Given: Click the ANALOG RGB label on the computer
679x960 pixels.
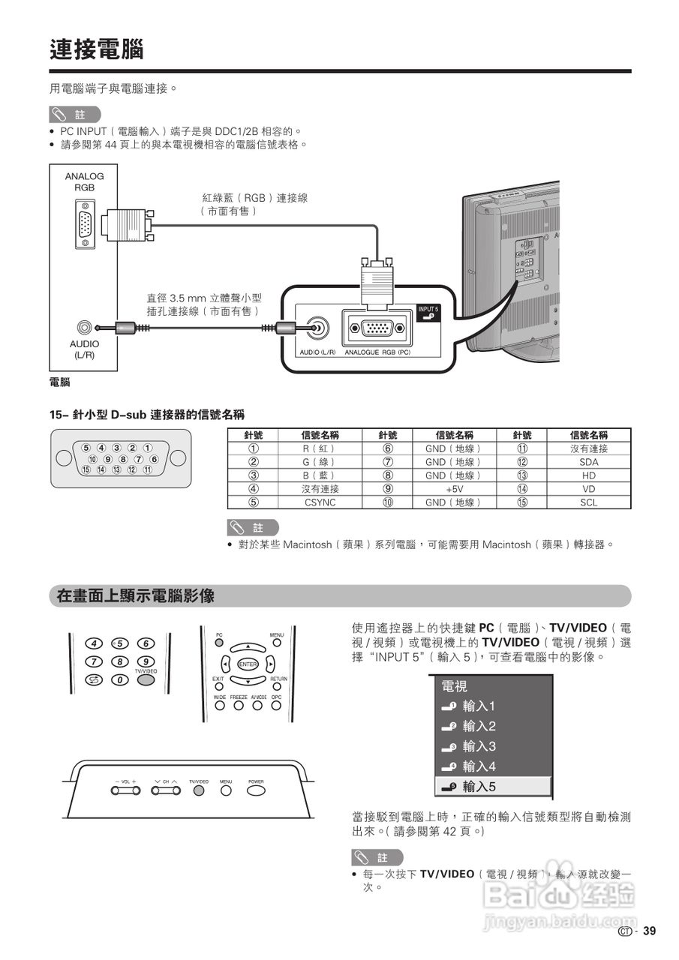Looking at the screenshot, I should pos(84,181).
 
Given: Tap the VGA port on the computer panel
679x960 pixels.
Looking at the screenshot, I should pos(85,224).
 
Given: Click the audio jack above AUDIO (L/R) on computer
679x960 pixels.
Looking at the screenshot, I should pos(85,327).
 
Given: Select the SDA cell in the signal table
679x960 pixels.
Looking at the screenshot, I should pos(588,462).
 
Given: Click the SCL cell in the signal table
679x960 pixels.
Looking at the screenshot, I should pos(588,502).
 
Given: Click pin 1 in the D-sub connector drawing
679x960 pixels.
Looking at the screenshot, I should pos(148,448).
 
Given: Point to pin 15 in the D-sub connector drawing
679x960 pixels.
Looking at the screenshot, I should pos(86,469).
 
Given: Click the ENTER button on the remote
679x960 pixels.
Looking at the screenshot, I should pos(248,664).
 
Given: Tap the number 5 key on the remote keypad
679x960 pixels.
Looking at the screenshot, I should pos(119,643).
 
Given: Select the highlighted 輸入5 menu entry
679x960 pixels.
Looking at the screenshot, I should pos(493,786).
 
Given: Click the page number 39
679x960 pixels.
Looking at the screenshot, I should pos(649,931).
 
